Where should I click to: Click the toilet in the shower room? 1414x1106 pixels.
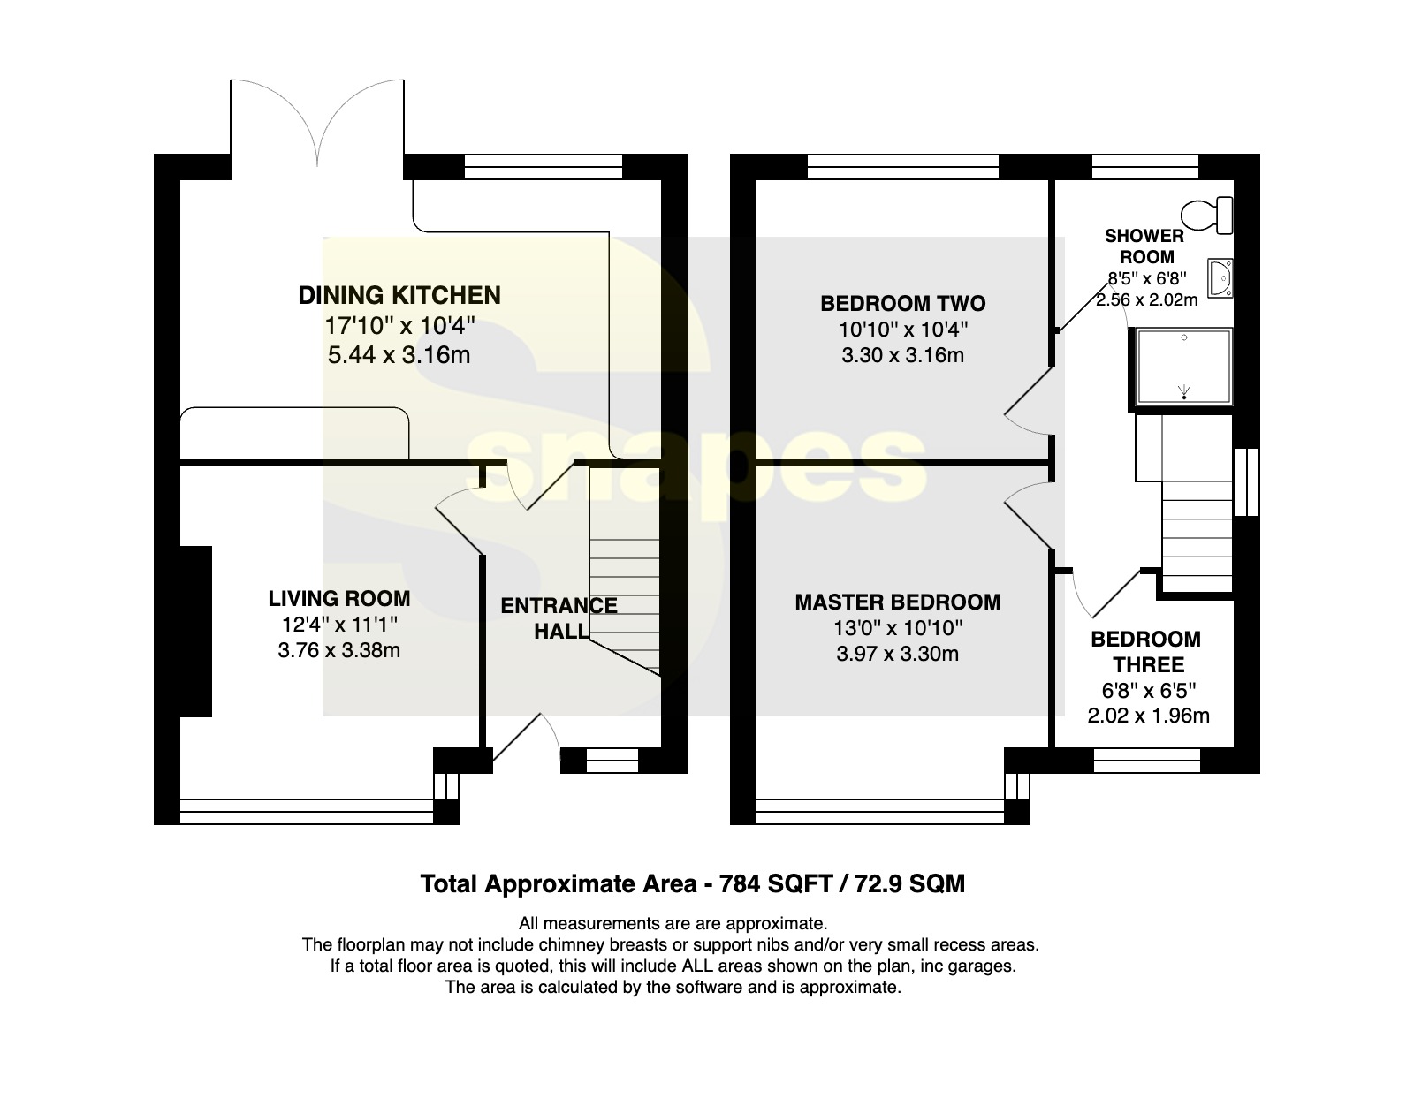click(x=1207, y=215)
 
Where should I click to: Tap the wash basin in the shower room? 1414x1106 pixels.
click(x=1220, y=278)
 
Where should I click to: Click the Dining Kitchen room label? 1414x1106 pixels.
click(x=399, y=295)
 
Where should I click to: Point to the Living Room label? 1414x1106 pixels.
click(x=339, y=598)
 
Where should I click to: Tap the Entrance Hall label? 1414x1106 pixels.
click(x=559, y=617)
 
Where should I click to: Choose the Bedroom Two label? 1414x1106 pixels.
click(x=902, y=303)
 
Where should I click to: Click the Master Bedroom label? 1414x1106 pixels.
click(x=897, y=602)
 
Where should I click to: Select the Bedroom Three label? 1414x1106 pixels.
click(x=1146, y=652)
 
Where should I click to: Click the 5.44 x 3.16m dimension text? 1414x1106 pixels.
click(x=399, y=355)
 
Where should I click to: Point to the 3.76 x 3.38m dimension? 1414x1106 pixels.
click(x=339, y=650)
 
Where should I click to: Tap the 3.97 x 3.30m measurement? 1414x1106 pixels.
click(x=897, y=654)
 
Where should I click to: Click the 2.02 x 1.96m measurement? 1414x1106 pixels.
click(x=1149, y=716)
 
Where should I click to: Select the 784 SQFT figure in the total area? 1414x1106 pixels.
click(x=776, y=883)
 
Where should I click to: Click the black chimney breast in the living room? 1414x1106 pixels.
click(x=195, y=632)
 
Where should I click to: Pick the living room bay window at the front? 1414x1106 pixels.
click(x=307, y=812)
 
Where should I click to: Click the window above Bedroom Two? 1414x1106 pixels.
click(x=903, y=166)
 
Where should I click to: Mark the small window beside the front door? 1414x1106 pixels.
click(x=612, y=760)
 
